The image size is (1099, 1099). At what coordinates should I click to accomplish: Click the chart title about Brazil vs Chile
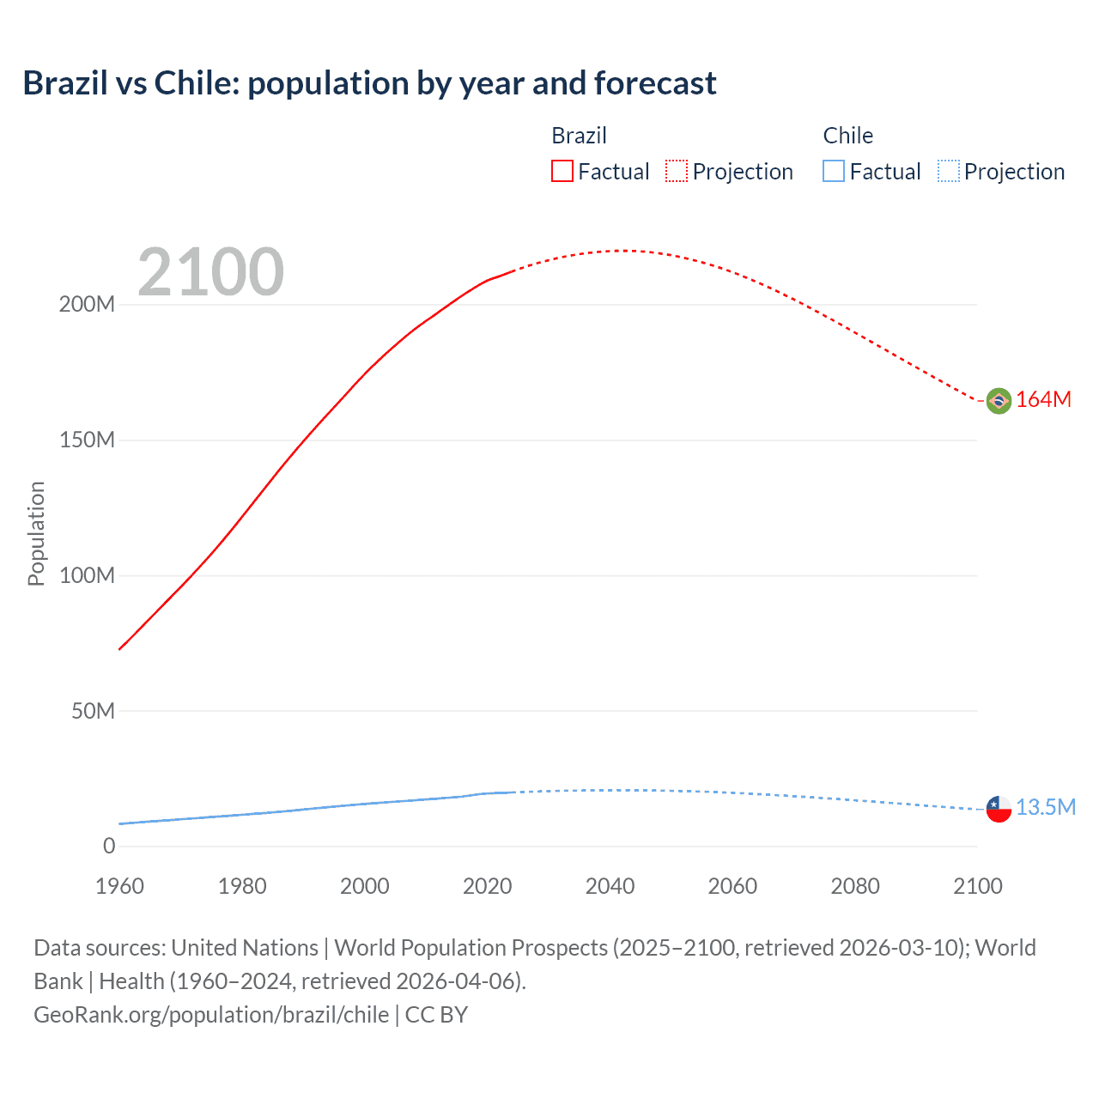click(369, 83)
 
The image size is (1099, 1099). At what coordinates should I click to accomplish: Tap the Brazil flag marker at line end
click(999, 400)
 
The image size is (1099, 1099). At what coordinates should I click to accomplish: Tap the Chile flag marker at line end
click(999, 809)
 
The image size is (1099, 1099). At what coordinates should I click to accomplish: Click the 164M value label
click(1043, 400)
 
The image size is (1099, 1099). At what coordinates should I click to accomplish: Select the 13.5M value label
click(1045, 808)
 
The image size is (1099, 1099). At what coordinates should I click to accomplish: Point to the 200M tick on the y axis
click(87, 305)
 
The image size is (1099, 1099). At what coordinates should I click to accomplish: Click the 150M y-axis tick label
click(87, 440)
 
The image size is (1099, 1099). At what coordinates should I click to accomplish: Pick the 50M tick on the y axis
click(93, 711)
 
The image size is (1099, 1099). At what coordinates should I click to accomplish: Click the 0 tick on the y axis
click(109, 847)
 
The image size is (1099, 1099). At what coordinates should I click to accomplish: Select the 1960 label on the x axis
click(119, 886)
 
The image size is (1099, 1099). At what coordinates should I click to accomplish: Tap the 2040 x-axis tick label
click(610, 886)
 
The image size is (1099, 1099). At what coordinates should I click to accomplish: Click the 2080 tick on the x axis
click(855, 886)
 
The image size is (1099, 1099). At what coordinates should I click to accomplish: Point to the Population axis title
click(36, 533)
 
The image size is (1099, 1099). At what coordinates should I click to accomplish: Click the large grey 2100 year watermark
click(210, 272)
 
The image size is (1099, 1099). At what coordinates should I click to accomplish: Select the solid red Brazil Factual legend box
click(562, 172)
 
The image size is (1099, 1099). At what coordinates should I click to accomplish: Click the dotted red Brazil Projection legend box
click(677, 172)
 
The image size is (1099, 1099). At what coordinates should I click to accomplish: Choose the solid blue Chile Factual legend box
click(834, 172)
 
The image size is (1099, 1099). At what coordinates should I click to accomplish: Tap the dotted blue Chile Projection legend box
click(948, 172)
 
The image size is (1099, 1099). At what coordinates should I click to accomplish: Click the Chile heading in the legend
click(847, 136)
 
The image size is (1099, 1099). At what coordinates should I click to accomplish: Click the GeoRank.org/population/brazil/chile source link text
click(211, 1015)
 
